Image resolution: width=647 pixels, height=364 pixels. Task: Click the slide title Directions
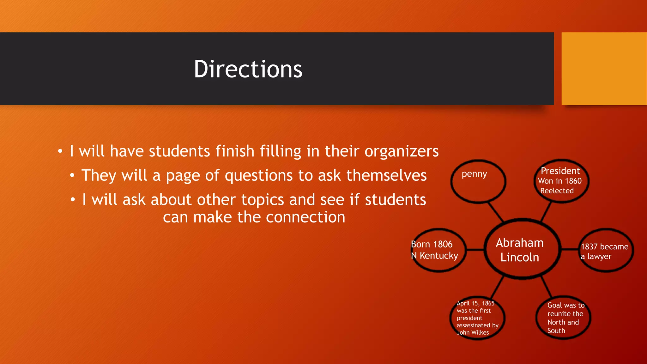click(248, 69)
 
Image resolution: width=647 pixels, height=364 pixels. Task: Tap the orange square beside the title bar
click(604, 69)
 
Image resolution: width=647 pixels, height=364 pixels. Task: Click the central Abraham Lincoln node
click(520, 250)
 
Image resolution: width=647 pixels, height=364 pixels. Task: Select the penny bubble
click(478, 181)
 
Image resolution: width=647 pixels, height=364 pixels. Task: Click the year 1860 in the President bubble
click(573, 181)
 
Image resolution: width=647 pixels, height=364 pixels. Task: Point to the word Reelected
click(557, 191)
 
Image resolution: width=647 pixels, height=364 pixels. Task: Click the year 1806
click(443, 244)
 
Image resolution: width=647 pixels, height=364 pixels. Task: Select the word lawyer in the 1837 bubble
click(599, 257)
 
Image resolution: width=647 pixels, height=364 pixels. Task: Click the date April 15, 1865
click(475, 303)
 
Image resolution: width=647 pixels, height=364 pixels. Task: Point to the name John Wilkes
click(473, 332)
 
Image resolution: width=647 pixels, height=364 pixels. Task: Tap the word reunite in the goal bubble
click(565, 314)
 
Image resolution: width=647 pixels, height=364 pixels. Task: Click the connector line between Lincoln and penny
click(495, 212)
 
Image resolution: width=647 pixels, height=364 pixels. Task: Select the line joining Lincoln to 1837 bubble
click(570, 250)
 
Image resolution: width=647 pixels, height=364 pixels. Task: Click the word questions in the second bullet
click(258, 176)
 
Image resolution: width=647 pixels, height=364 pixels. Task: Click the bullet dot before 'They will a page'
click(72, 175)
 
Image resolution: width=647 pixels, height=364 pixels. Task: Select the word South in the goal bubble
click(556, 331)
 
